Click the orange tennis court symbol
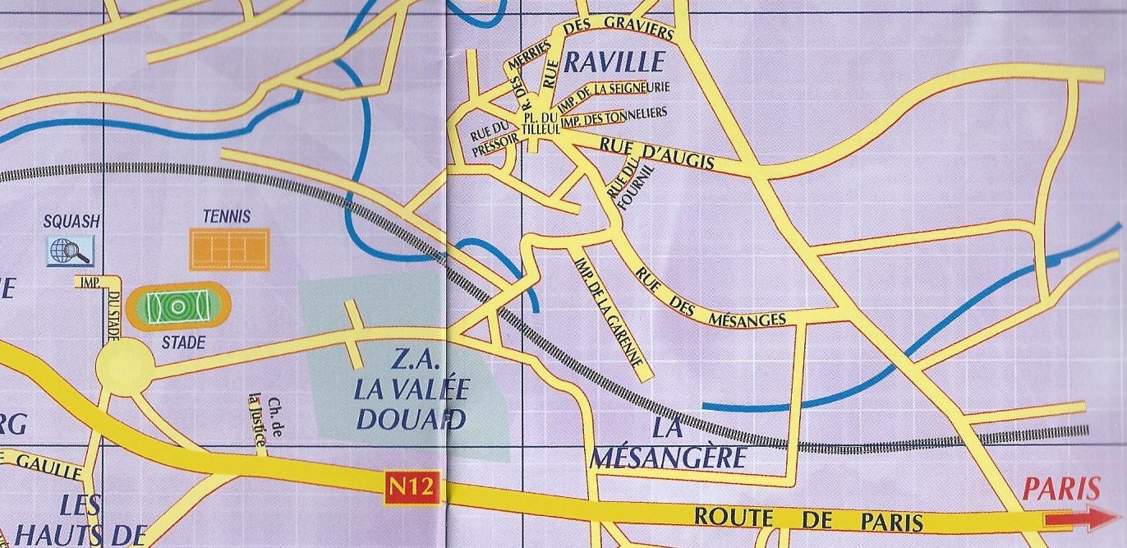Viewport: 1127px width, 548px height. (x=229, y=248)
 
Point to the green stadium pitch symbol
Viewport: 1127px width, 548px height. (x=177, y=306)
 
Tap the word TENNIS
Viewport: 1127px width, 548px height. (x=226, y=217)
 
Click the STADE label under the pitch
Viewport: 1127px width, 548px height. (x=183, y=343)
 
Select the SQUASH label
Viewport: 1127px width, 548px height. (x=71, y=221)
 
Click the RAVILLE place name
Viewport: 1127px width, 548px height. (x=614, y=62)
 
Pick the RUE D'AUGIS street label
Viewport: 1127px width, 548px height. (x=656, y=154)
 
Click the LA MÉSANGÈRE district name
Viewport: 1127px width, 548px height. (x=666, y=443)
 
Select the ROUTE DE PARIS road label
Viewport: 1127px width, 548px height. (x=808, y=519)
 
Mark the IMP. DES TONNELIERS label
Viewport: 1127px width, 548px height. (x=613, y=116)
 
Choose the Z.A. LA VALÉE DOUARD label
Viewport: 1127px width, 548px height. (x=408, y=389)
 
